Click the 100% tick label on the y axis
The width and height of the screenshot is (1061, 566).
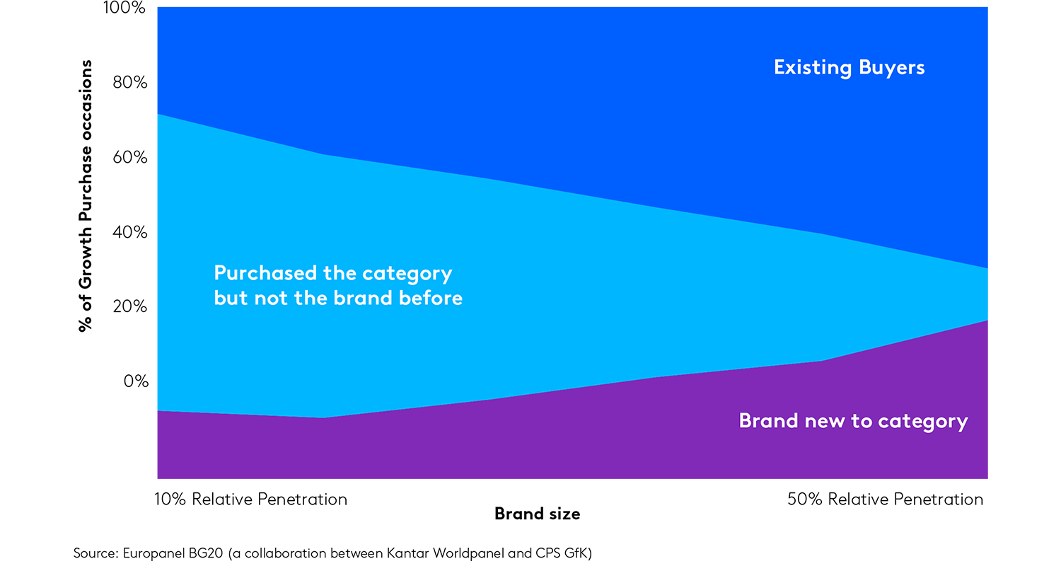[124, 8]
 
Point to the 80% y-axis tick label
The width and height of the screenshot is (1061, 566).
[128, 83]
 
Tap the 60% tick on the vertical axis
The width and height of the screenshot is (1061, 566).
[128, 157]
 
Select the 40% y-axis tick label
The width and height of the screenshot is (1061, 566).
[128, 232]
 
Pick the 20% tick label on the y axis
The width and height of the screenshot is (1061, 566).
[128, 306]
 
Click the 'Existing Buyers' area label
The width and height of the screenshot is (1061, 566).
[849, 68]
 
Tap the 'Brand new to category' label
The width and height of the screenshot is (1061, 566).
[853, 421]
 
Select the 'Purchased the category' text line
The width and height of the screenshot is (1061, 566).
[332, 273]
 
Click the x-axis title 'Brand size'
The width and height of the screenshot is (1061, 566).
[537, 514]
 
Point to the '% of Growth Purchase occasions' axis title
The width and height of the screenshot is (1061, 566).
[86, 196]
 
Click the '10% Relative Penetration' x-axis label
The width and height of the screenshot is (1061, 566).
[250, 499]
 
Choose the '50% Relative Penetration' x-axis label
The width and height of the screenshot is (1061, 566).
[885, 499]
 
